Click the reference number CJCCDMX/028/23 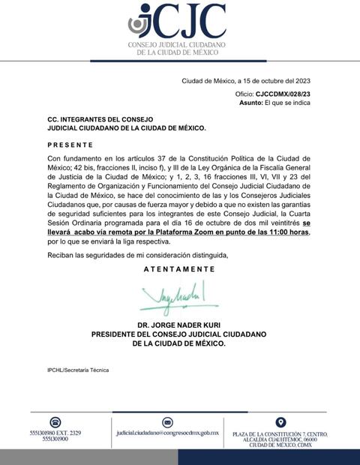pyautogui.click(x=283, y=94)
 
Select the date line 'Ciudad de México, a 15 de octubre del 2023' pyautogui.click(x=246, y=81)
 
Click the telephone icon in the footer pyautogui.click(x=55, y=422)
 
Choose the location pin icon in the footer pyautogui.click(x=280, y=422)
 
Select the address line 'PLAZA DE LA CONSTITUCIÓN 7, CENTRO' pyautogui.click(x=280, y=434)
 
